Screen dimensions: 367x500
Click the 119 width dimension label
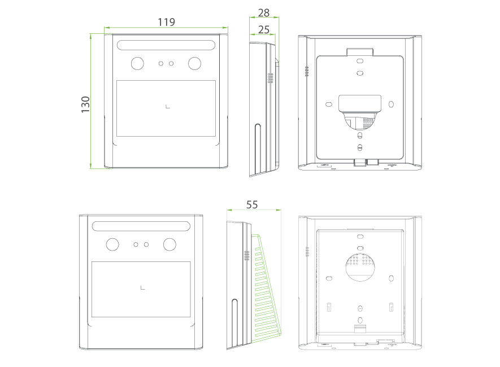click(x=166, y=22)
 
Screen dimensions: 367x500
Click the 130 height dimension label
click(x=85, y=104)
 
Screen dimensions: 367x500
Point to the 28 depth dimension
click(x=264, y=12)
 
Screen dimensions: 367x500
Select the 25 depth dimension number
click(x=264, y=28)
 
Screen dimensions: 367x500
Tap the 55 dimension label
click(x=252, y=204)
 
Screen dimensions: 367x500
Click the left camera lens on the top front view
click(x=138, y=63)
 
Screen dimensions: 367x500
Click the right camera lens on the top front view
click(x=194, y=63)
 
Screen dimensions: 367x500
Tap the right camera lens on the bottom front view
click(x=169, y=244)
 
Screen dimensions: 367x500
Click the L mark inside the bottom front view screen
click(x=142, y=288)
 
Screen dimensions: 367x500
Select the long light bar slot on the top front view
click(x=166, y=45)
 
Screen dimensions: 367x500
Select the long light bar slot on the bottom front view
click(x=141, y=226)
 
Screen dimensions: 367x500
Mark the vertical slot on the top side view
click(x=258, y=148)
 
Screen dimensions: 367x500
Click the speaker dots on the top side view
click(x=270, y=78)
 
